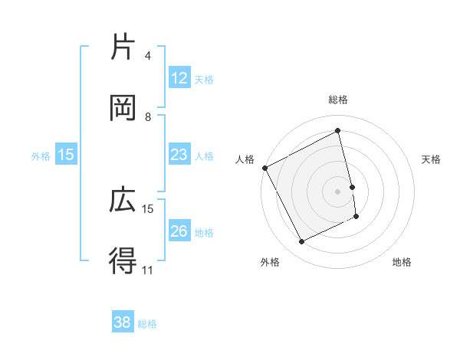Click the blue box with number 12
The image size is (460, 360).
(179, 78)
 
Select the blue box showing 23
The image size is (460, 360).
(179, 155)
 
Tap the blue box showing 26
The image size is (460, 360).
(179, 231)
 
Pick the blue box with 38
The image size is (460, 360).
(123, 323)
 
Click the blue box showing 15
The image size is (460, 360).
(66, 155)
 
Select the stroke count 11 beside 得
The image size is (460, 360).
(147, 270)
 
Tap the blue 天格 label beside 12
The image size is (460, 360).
(203, 79)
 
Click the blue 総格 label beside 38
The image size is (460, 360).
(147, 324)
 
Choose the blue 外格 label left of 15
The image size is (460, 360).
(41, 156)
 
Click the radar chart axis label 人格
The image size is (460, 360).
(245, 159)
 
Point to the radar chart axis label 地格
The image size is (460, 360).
(402, 262)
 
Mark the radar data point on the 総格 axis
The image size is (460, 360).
(338, 130)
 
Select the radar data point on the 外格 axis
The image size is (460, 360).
(301, 242)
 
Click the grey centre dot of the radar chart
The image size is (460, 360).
(338, 191)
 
